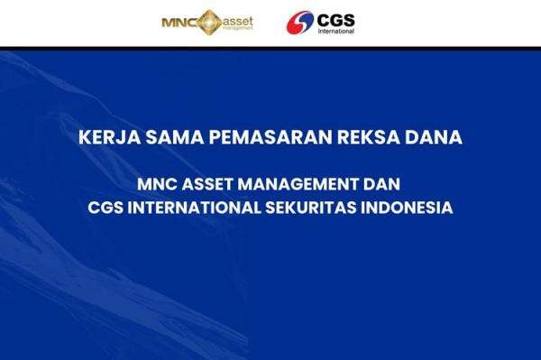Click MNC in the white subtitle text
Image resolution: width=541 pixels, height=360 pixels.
click(158, 184)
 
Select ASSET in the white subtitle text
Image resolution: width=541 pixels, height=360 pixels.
click(209, 184)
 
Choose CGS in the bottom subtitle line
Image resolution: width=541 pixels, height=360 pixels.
click(105, 208)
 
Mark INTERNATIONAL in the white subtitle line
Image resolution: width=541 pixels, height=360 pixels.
click(197, 208)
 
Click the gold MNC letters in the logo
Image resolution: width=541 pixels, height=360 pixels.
click(177, 21)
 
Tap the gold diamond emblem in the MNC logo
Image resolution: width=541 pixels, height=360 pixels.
click(207, 21)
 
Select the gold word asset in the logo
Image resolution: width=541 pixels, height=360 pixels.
click(238, 18)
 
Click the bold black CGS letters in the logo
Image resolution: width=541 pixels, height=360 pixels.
click(336, 17)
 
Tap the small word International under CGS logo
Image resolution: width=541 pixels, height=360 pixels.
click(335, 30)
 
